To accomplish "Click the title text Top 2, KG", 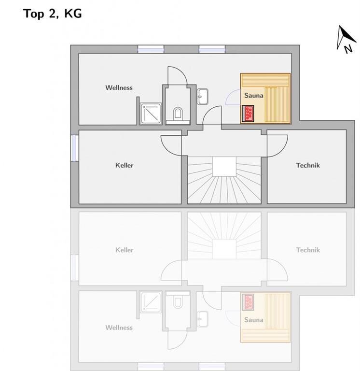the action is (x=53, y=14).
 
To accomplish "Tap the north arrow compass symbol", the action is (x=346, y=39).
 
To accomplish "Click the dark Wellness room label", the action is (x=119, y=87).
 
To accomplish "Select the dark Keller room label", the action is (x=125, y=165).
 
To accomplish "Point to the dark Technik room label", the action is (x=308, y=165).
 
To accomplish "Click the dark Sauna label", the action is (x=254, y=95).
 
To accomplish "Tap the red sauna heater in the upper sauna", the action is (x=248, y=114).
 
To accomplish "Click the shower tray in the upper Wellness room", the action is (x=151, y=114).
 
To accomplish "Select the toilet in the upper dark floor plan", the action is (x=178, y=114).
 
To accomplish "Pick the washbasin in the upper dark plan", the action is (x=203, y=97).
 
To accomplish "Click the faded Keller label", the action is (x=125, y=250).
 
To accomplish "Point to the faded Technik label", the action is (x=308, y=250).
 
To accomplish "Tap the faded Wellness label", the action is (x=119, y=328).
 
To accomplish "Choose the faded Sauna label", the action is (x=254, y=320).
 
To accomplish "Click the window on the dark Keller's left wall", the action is (x=75, y=148).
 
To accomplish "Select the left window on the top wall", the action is (x=151, y=49).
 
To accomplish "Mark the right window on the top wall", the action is (x=212, y=49).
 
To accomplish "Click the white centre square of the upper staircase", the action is (x=224, y=166).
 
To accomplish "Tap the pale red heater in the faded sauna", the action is (x=248, y=302).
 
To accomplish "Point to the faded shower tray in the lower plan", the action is (x=151, y=302).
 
